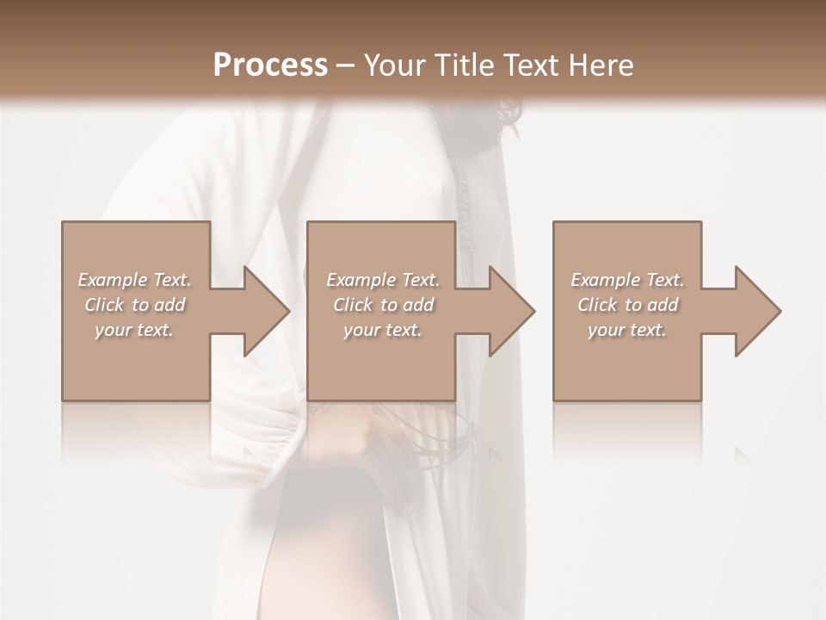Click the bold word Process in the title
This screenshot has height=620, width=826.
point(270,65)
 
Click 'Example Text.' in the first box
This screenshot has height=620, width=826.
point(134,280)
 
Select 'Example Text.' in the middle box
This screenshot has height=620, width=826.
point(383,280)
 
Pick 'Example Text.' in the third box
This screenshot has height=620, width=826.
point(627,280)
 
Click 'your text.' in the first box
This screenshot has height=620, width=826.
point(134,329)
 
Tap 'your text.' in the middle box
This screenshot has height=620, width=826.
point(383,329)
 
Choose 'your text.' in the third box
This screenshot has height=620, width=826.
point(627,329)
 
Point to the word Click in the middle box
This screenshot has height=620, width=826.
point(353,305)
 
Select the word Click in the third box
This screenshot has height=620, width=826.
point(597,305)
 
